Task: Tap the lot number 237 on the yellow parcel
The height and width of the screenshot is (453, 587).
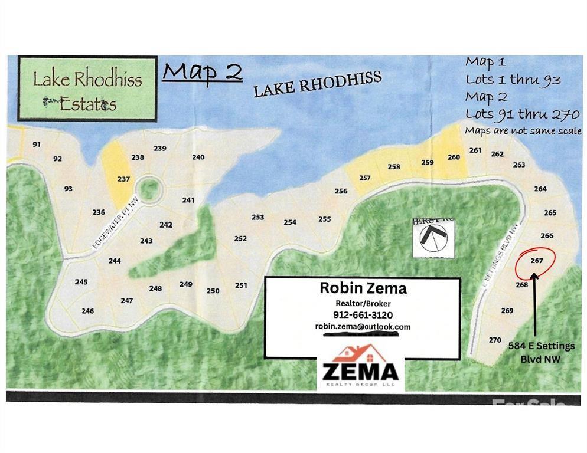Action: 123,179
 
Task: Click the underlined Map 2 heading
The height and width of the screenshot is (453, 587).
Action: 203,72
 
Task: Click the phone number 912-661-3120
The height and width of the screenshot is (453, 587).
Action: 363,315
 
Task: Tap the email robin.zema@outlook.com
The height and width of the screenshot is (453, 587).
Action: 363,326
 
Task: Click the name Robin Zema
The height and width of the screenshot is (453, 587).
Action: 363,288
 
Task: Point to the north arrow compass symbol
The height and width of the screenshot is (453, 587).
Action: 432,237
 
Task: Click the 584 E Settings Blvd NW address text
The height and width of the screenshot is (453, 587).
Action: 541,352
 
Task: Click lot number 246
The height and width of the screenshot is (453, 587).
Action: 88,311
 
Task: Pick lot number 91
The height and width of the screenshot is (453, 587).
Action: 37,145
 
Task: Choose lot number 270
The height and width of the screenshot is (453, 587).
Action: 495,340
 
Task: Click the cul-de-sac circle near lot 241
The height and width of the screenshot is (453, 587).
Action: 151,189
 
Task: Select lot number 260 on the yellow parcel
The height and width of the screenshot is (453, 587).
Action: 454,157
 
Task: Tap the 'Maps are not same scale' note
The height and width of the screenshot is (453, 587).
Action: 523,131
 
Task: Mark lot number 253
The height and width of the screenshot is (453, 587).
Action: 257,217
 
